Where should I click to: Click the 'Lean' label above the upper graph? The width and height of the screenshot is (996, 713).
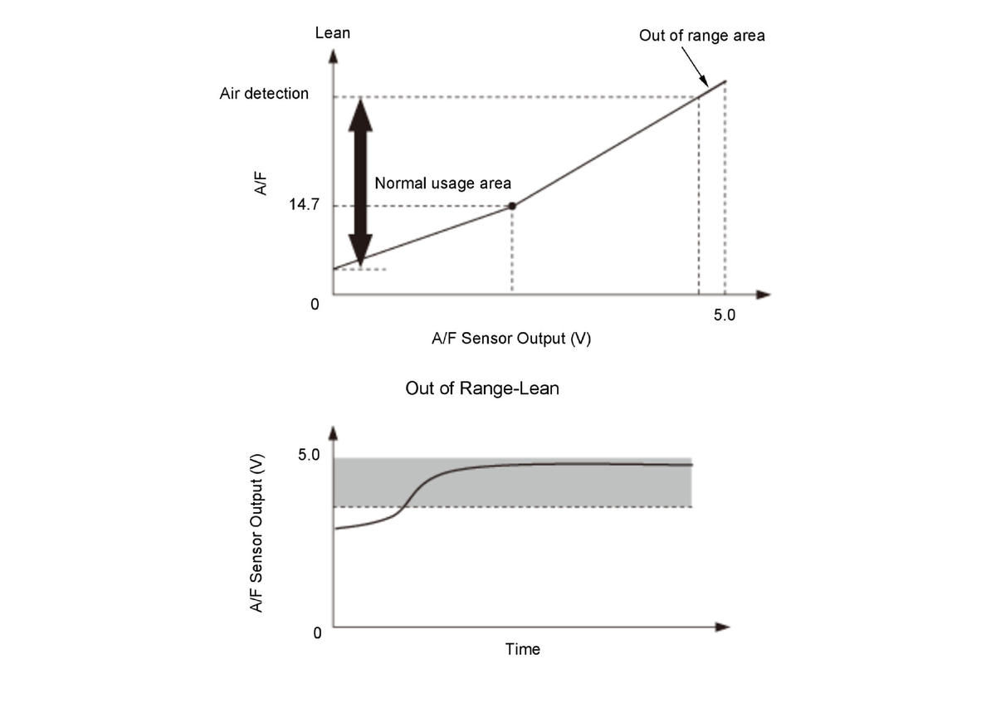[x=333, y=33]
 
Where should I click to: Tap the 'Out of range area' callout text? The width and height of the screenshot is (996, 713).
[x=701, y=36]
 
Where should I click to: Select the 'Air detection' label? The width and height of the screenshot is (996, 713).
[x=264, y=93]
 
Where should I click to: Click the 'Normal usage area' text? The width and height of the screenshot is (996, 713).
[x=442, y=183]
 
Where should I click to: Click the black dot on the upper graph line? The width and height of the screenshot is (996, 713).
[x=512, y=206]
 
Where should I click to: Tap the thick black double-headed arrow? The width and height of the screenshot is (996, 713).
[x=360, y=178]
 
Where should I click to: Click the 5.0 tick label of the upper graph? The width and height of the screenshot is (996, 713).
[x=725, y=315]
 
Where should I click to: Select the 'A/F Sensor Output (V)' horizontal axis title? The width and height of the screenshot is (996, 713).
[x=511, y=339]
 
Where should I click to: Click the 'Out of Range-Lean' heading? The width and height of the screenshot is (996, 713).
[x=481, y=388]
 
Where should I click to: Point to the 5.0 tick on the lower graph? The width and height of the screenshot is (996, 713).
[x=309, y=455]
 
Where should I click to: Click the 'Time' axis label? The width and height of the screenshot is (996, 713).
[x=523, y=649]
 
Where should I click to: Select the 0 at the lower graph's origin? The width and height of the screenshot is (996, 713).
[x=317, y=632]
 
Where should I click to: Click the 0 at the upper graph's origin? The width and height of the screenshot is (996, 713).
[x=315, y=305]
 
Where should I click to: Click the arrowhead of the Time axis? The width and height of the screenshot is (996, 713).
[x=722, y=627]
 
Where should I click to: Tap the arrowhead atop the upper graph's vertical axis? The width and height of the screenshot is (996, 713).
[x=333, y=56]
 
